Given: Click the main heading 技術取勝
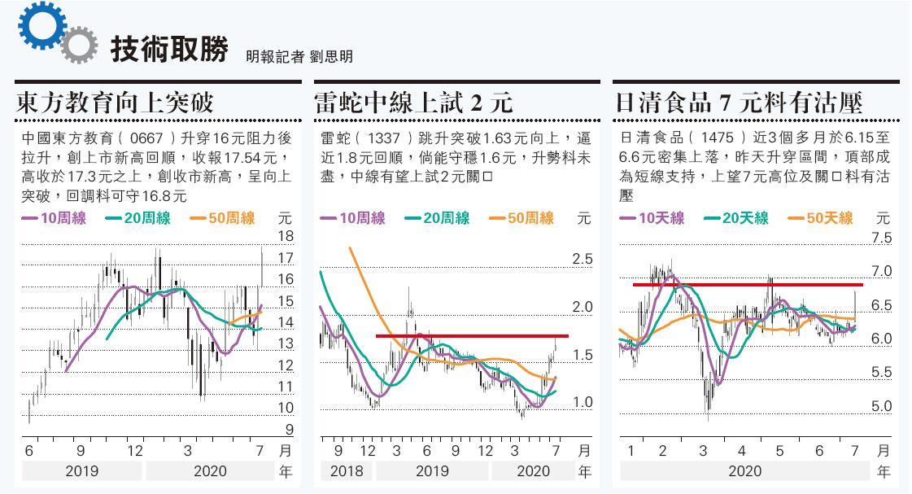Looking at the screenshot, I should tap(168, 49).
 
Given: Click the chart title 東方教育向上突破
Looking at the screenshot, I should tap(115, 103).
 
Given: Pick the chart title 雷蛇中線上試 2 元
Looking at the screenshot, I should tap(413, 103).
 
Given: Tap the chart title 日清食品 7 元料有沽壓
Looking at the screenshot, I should tap(739, 103).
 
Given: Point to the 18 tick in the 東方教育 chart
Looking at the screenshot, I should tap(286, 237).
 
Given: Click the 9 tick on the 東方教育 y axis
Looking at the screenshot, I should tap(287, 429).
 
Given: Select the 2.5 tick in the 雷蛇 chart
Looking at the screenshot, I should tap(582, 259).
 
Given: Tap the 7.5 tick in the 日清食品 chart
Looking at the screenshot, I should tap(881, 238).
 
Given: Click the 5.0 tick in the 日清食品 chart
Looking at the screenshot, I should tap(881, 406).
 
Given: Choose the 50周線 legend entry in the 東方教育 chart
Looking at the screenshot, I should tap(223, 218).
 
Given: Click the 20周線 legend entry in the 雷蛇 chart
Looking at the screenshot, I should tap(437, 218).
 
